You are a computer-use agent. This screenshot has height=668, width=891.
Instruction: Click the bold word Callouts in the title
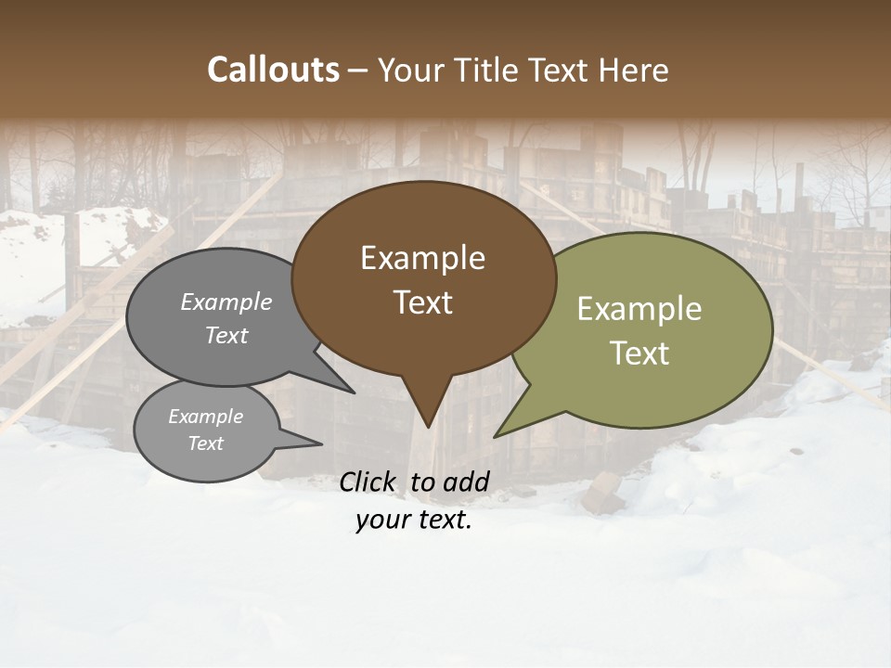(273, 70)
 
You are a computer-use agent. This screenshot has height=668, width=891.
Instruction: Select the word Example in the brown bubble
(422, 258)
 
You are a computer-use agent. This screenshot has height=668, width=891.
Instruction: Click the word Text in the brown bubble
(422, 302)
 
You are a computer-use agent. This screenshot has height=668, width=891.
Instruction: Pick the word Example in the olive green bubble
(639, 309)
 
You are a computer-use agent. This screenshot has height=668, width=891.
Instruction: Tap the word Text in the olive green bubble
(639, 353)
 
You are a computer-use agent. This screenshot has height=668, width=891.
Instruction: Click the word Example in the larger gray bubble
(226, 302)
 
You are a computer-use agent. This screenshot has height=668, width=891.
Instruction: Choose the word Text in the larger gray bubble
(226, 336)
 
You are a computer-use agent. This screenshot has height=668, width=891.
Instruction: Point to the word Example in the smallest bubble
(205, 417)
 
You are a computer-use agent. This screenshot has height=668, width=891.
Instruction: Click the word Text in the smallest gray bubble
(205, 443)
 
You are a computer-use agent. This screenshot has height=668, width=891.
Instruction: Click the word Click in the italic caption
(368, 482)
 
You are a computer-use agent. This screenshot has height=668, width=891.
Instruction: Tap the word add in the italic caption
(466, 482)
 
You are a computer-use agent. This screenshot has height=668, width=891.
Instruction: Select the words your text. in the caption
(413, 520)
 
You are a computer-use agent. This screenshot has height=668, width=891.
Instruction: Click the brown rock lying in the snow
(601, 493)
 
